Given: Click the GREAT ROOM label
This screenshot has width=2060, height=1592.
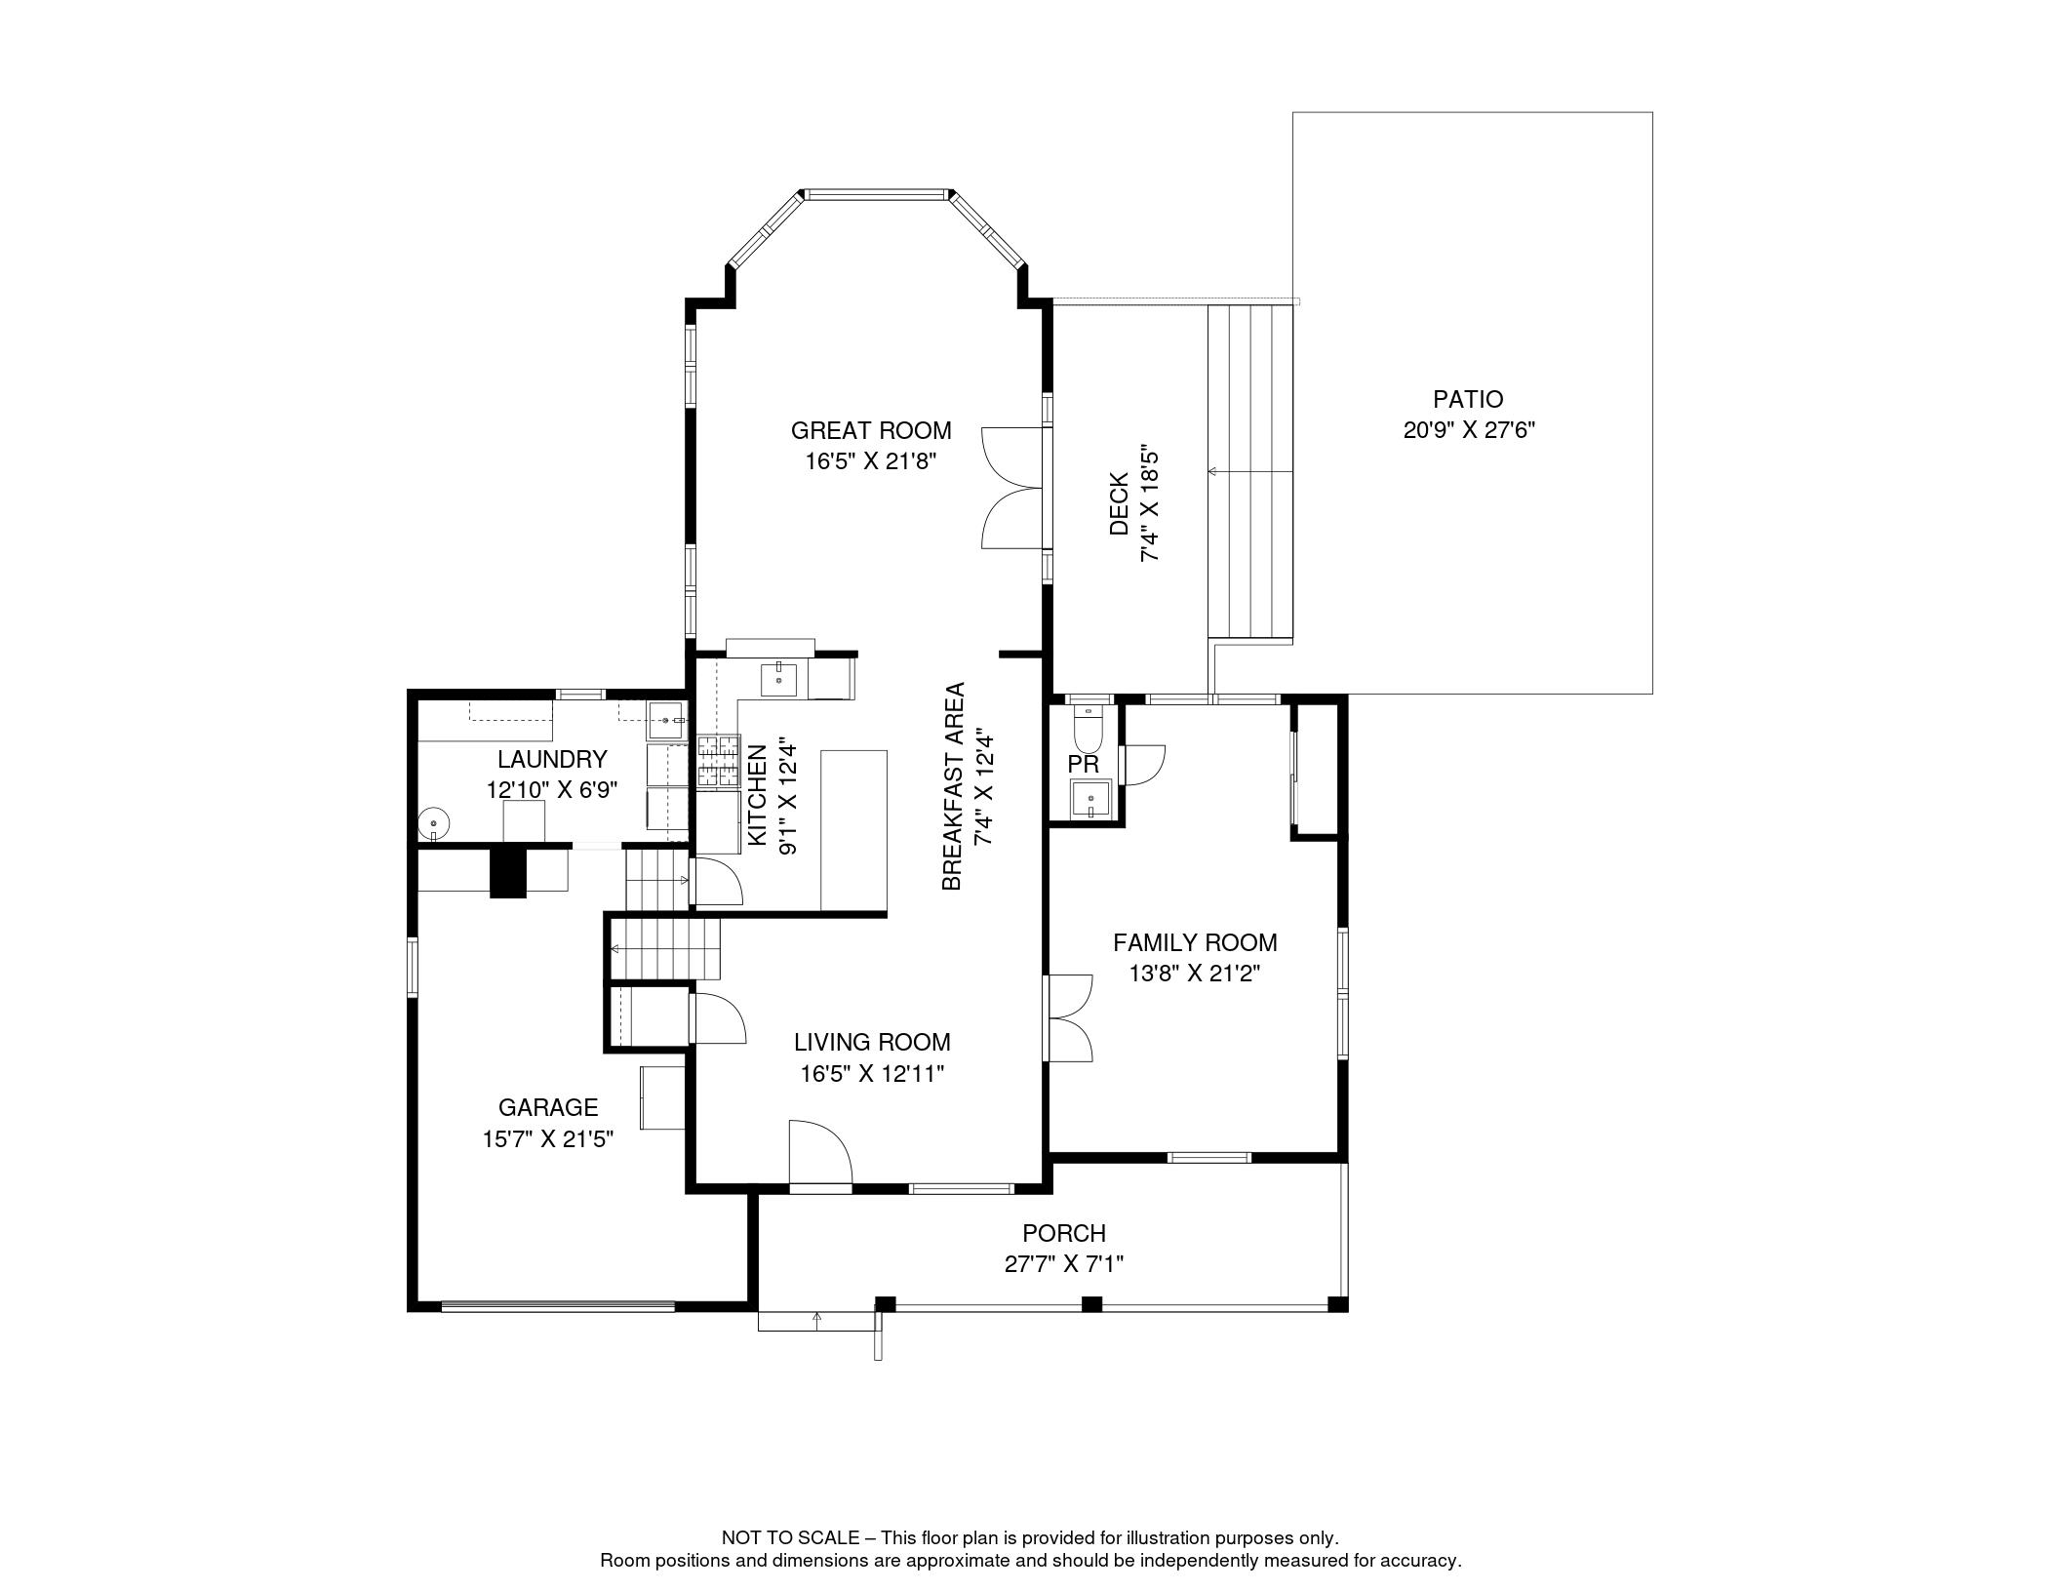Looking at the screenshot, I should [x=870, y=430].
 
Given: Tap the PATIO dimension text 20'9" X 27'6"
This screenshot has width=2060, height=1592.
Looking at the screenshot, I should [x=1468, y=430].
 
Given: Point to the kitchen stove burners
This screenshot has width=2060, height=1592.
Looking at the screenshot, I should [x=719, y=761].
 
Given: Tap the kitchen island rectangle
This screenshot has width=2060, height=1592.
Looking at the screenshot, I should [x=853, y=829].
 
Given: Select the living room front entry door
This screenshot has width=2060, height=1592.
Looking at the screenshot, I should [x=819, y=1156].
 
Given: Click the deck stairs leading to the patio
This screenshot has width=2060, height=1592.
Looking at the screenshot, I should [x=1250, y=472].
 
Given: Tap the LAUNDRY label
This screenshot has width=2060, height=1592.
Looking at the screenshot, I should [x=552, y=759].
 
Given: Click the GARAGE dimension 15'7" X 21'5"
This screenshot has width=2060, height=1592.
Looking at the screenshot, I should [x=547, y=1138].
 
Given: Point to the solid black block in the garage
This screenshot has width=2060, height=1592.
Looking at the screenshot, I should [x=507, y=871].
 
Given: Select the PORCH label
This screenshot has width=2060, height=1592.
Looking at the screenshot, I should [x=1063, y=1233].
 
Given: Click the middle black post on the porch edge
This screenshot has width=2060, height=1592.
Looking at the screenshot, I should [x=1091, y=1303].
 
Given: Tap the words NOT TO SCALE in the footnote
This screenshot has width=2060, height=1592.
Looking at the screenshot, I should [x=790, y=1538].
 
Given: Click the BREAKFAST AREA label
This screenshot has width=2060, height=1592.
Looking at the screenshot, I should [x=953, y=786].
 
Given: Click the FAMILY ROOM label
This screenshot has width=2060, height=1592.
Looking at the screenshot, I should [x=1195, y=942].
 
